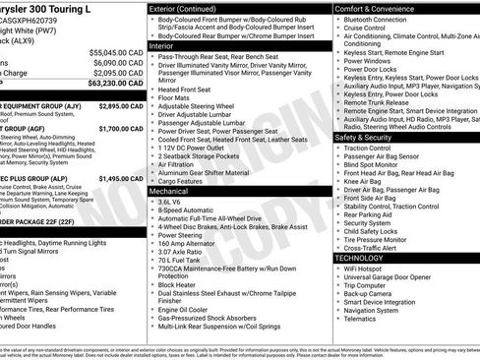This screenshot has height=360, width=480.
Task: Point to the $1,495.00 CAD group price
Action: (x=123, y=178)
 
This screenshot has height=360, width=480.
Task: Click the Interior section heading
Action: (x=162, y=45)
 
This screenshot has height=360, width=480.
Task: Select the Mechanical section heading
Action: (x=169, y=192)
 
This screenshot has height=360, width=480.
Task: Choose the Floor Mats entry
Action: (x=174, y=97)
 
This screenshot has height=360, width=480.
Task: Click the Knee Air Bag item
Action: (x=367, y=181)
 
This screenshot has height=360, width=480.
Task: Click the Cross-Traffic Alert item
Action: (x=377, y=247)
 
